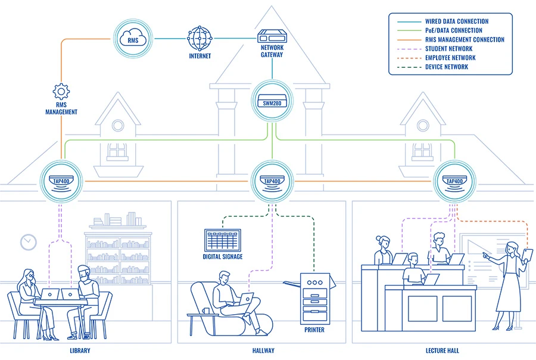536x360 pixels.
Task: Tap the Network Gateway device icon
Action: (271, 37)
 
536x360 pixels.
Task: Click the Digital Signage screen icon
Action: (223, 240)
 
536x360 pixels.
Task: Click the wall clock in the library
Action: (28, 242)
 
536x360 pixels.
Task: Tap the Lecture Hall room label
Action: (442, 350)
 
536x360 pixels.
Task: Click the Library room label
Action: (79, 350)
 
